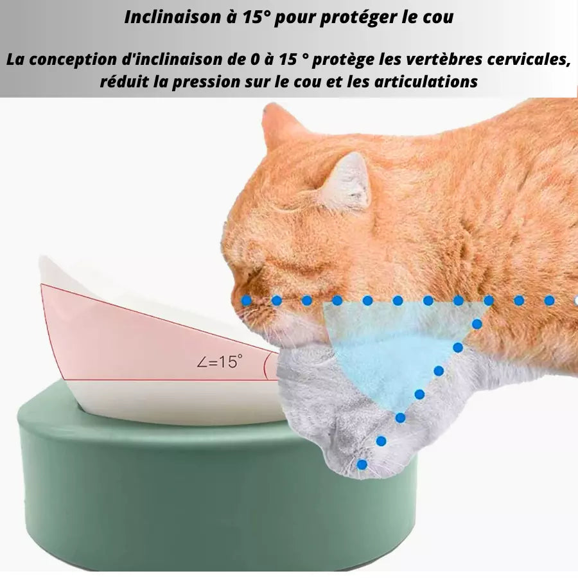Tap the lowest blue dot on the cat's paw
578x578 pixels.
coord(362,464)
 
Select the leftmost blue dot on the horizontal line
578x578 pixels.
coord(246,300)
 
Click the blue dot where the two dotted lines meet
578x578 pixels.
coord(489,300)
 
